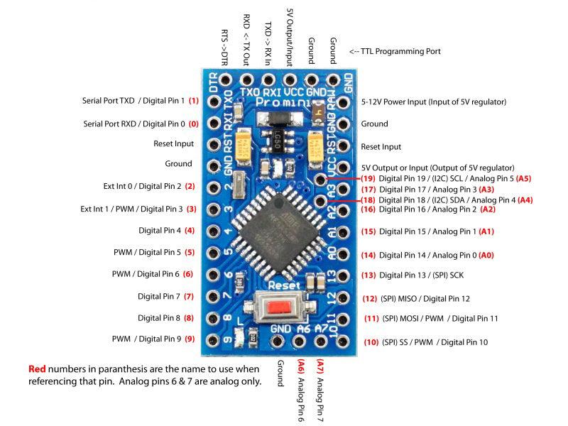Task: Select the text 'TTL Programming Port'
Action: click(x=395, y=51)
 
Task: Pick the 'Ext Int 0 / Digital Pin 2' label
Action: click(x=143, y=187)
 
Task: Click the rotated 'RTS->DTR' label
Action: click(x=225, y=43)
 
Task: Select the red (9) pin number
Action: click(x=190, y=339)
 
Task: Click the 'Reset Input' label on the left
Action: click(x=173, y=143)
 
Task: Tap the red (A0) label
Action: click(x=486, y=254)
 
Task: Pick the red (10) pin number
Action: click(x=371, y=342)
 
